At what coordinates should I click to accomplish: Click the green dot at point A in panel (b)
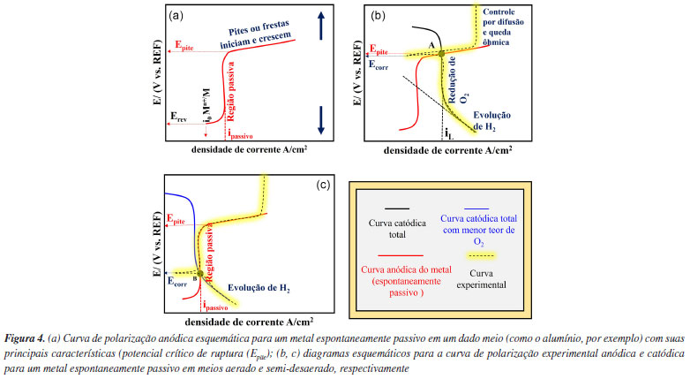441,54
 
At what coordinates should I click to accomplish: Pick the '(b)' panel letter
379,15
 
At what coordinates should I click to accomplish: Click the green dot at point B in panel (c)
200,274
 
